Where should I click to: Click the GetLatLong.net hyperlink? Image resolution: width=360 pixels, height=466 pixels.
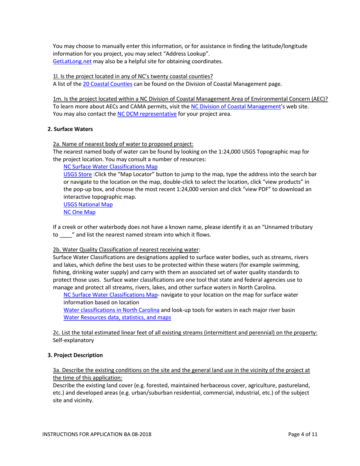70,61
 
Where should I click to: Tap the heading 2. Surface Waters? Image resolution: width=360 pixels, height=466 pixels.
70,129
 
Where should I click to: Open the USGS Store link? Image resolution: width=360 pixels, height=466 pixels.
77,174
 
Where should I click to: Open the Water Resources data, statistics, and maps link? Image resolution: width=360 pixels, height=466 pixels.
117,317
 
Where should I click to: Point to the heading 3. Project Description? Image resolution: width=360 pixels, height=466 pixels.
75,355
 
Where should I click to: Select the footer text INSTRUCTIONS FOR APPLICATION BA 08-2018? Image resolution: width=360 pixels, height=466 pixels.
97,435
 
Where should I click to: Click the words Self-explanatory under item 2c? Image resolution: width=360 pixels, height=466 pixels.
73,340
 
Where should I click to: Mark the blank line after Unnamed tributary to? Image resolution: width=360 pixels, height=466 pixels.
66,235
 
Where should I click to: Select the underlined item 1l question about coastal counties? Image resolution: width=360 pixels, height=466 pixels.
133,76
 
